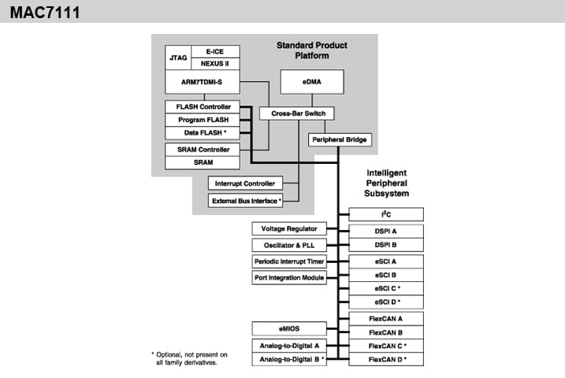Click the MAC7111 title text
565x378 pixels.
[44, 13]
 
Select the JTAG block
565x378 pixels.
[178, 57]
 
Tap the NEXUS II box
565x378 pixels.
[215, 63]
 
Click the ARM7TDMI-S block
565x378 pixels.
[203, 81]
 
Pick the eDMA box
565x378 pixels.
[313, 81]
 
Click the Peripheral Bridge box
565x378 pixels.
[338, 140]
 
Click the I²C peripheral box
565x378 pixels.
[386, 214]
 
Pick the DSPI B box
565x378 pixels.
[386, 245]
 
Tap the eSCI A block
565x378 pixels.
[386, 261]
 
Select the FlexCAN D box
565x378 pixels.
[386, 359]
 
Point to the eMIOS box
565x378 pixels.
[289, 328]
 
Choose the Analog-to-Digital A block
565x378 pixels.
[289, 345]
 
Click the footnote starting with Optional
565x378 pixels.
[188, 358]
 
